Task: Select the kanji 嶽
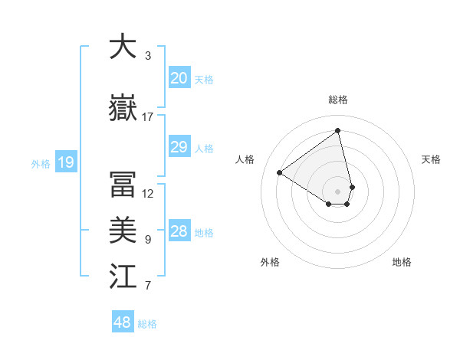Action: (x=123, y=109)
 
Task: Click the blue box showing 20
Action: (x=179, y=78)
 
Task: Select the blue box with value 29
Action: (x=179, y=148)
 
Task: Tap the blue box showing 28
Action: (x=179, y=232)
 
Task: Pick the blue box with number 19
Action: (x=65, y=162)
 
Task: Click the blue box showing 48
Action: (x=122, y=322)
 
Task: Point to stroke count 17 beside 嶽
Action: (x=148, y=117)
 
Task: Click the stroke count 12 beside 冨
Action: (x=148, y=194)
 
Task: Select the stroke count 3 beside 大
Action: (x=148, y=56)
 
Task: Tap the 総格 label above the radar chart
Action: (x=338, y=100)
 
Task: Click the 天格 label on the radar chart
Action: (x=431, y=159)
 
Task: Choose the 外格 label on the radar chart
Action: (x=270, y=263)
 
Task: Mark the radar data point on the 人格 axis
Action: (x=280, y=173)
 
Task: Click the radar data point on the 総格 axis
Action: (x=337, y=130)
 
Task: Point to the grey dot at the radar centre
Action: (x=337, y=190)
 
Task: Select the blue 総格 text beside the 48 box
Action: (x=147, y=324)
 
